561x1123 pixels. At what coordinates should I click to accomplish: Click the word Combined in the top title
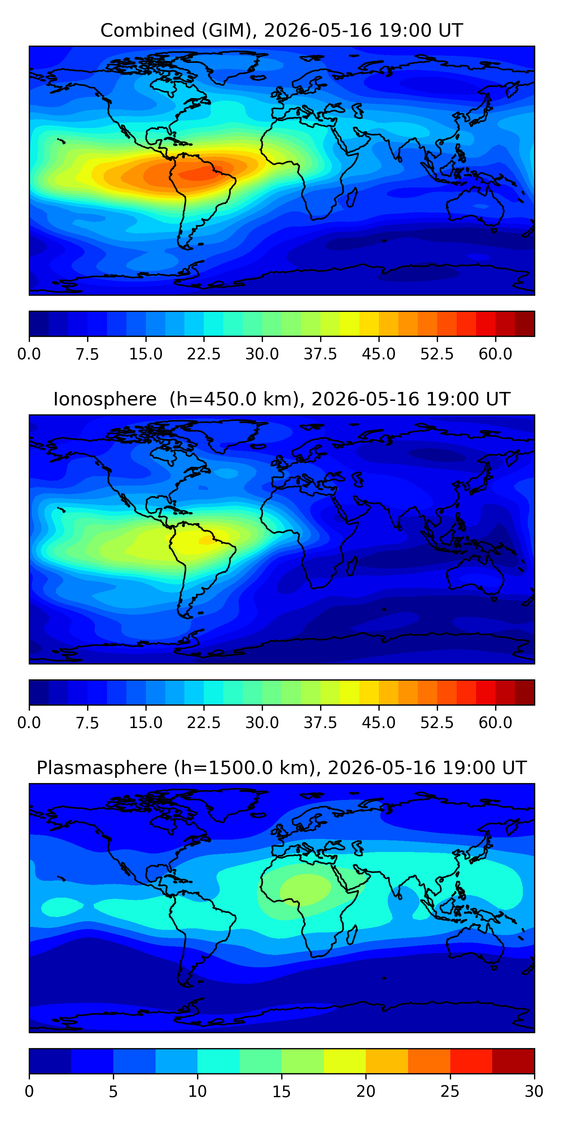pyautogui.click(x=148, y=31)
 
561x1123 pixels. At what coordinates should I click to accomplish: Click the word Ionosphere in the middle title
pyautogui.click(x=105, y=399)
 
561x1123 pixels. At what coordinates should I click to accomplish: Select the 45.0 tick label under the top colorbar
pyautogui.click(x=378, y=354)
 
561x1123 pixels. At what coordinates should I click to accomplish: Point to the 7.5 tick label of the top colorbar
pyautogui.click(x=88, y=354)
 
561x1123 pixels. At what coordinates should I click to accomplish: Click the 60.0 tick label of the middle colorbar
pyautogui.click(x=495, y=723)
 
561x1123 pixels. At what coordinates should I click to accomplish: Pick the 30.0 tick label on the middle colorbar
pyautogui.click(x=262, y=723)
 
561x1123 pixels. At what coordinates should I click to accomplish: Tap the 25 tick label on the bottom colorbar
pyautogui.click(x=450, y=1092)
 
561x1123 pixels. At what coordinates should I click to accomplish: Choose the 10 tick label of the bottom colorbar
pyautogui.click(x=197, y=1092)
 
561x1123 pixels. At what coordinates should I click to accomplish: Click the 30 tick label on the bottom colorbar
pyautogui.click(x=534, y=1092)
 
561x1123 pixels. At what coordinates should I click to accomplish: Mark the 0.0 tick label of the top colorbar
pyautogui.click(x=29, y=354)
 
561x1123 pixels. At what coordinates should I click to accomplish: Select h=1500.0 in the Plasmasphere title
pyautogui.click(x=244, y=768)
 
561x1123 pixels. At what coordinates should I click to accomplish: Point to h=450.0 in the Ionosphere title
pyautogui.click(x=234, y=399)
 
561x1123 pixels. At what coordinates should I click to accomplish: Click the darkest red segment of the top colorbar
pyautogui.click(x=524, y=324)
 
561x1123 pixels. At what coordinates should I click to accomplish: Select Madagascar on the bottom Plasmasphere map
pyautogui.click(x=352, y=935)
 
